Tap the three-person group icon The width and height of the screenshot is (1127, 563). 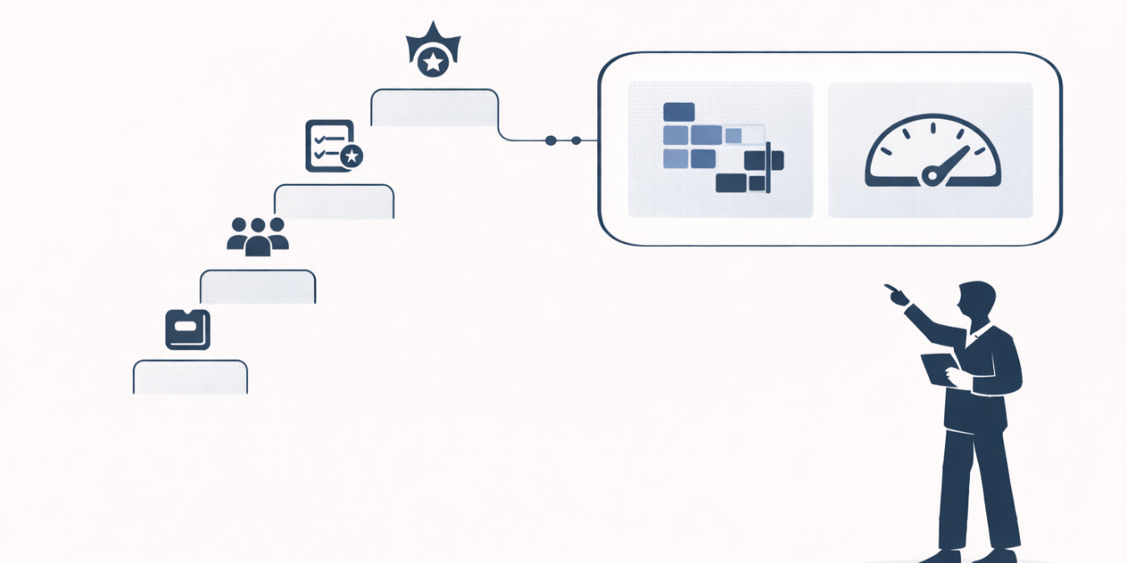[x=258, y=236]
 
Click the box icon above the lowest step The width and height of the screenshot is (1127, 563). [x=188, y=330]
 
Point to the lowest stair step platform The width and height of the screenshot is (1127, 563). [x=190, y=377]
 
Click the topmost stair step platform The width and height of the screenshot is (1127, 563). [x=434, y=108]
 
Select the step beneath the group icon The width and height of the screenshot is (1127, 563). [x=258, y=286]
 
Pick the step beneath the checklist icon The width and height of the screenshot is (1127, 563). [x=333, y=201]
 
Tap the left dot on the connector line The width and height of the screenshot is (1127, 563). [x=551, y=141]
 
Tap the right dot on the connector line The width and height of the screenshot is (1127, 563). [x=576, y=141]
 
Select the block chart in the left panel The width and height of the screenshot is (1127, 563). [x=720, y=148]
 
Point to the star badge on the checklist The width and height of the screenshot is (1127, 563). [x=351, y=156]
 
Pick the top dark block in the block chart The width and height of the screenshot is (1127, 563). [x=679, y=112]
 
